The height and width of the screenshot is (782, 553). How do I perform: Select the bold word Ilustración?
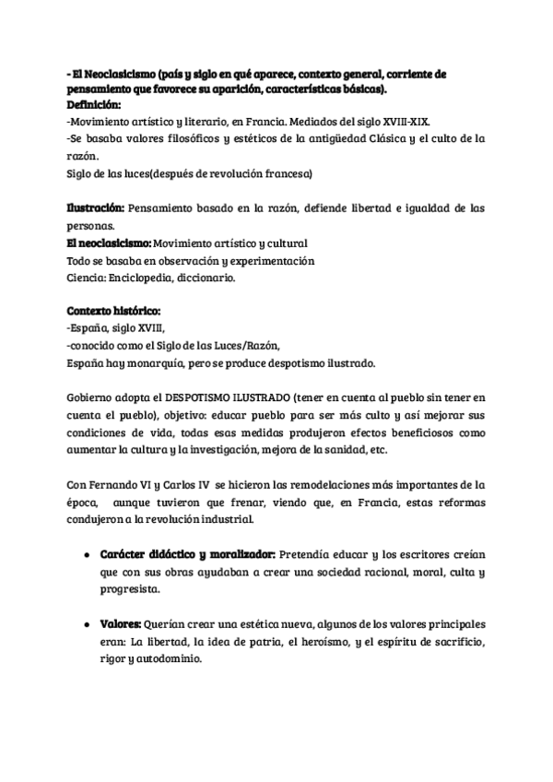[x=96, y=208]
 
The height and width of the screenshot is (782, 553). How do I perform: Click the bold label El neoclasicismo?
[x=108, y=243]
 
